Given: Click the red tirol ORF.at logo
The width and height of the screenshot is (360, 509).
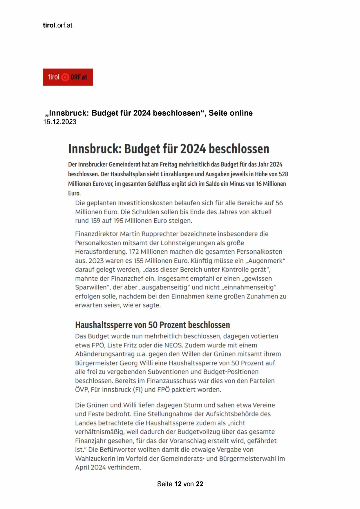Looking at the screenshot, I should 68,77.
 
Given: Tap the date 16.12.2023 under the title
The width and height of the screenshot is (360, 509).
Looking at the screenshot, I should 59,122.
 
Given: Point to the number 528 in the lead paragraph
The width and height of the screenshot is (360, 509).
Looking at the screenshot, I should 283,174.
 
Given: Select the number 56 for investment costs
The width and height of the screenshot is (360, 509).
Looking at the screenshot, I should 279,203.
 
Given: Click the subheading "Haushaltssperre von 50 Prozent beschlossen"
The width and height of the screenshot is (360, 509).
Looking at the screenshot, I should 152,325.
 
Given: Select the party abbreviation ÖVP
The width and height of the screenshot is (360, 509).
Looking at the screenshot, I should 82,390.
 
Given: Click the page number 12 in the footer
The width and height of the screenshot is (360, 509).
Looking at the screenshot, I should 178,484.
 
